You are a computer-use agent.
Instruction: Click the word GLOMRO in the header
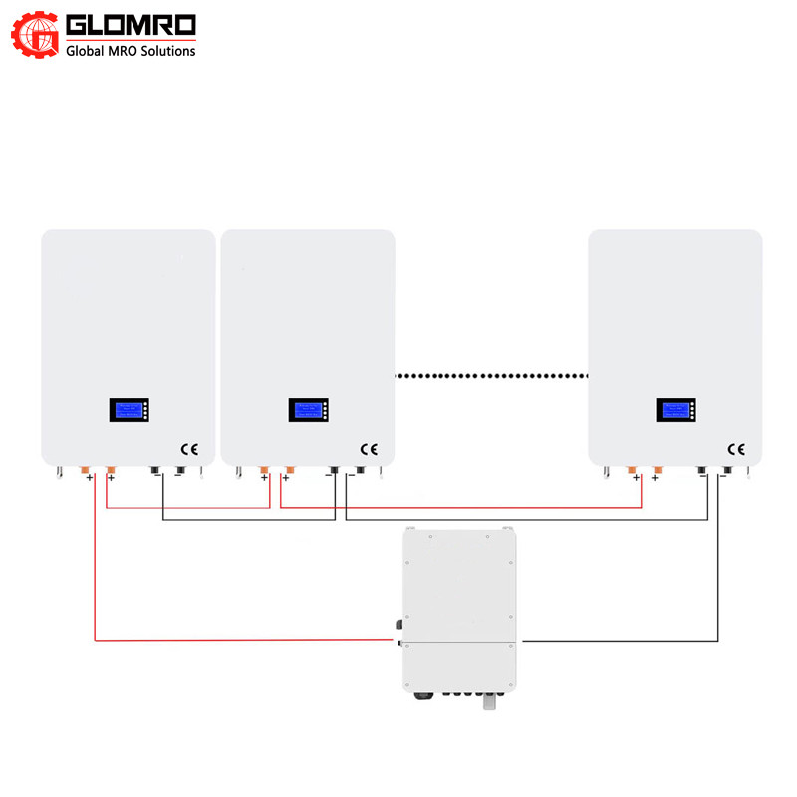click(x=131, y=24)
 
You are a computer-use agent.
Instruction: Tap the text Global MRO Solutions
click(x=131, y=51)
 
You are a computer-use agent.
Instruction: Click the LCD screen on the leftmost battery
click(x=129, y=409)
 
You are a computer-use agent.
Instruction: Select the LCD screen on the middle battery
click(x=308, y=409)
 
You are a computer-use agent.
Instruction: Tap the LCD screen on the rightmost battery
click(x=675, y=409)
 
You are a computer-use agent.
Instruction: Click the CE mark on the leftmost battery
click(x=189, y=449)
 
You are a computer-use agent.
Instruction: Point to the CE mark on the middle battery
click(x=369, y=449)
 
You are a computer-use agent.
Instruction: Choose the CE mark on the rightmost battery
click(x=737, y=449)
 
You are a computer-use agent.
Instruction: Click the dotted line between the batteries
click(x=491, y=376)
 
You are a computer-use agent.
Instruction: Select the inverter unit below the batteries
click(x=459, y=608)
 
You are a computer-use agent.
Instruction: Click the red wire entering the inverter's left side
click(x=249, y=640)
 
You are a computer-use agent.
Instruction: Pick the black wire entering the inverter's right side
click(x=618, y=640)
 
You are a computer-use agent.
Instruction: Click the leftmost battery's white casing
click(x=128, y=319)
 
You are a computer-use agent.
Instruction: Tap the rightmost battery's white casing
click(x=675, y=319)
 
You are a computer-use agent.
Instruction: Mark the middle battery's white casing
click(x=307, y=319)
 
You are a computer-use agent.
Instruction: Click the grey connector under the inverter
click(x=489, y=702)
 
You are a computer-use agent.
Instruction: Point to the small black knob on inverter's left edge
click(x=399, y=625)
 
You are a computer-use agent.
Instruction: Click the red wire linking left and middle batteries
click(x=189, y=508)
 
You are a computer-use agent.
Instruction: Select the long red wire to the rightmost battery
click(x=458, y=508)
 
